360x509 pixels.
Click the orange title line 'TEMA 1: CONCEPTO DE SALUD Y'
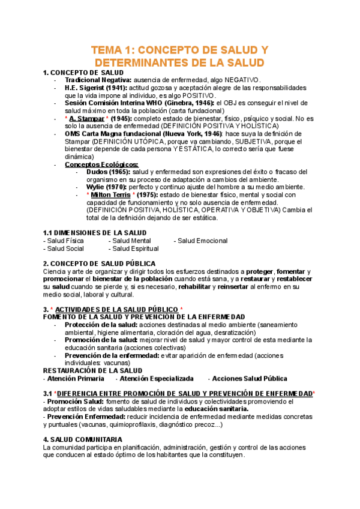click(x=179, y=50)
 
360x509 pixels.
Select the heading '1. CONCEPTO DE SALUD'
click(x=83, y=73)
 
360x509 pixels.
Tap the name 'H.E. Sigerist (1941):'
click(x=95, y=88)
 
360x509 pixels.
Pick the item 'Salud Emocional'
click(x=201, y=241)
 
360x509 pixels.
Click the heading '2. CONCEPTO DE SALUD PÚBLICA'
click(x=99, y=264)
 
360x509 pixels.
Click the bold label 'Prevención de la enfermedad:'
click(x=112, y=355)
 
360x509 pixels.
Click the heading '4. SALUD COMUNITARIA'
click(x=83, y=440)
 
